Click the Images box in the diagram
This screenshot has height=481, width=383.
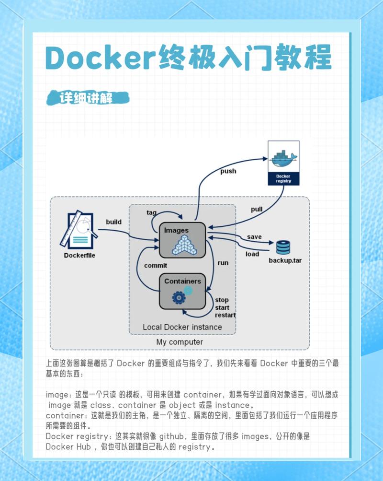point(182,239)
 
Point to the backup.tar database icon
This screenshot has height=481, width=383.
point(283,247)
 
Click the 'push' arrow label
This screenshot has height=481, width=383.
point(228,171)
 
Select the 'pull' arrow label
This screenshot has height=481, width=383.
point(257,209)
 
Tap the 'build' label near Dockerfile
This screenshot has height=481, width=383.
point(113,222)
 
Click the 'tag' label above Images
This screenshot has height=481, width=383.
point(152,212)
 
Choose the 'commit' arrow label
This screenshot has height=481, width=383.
point(156,265)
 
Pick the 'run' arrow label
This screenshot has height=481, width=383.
point(223,263)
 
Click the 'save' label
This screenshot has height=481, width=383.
point(254,237)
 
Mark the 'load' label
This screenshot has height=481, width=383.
point(252,254)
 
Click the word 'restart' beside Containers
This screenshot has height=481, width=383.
point(225,315)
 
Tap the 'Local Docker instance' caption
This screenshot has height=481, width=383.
point(182,327)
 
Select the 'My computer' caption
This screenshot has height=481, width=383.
point(180,342)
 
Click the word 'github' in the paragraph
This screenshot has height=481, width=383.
point(174,436)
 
